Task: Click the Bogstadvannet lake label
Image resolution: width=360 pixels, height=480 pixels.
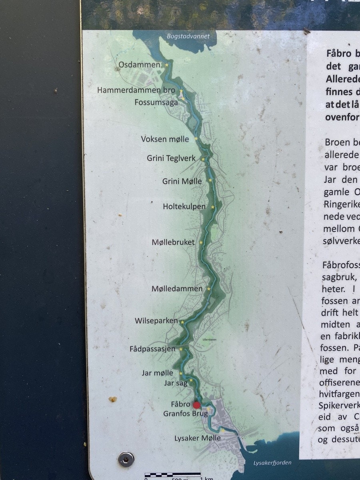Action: pyautogui.click(x=188, y=36)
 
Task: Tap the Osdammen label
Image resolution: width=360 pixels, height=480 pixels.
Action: pyautogui.click(x=140, y=64)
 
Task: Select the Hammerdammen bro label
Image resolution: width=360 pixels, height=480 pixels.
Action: pyautogui.click(x=136, y=90)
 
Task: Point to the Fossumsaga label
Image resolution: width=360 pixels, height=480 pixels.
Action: pyautogui.click(x=156, y=102)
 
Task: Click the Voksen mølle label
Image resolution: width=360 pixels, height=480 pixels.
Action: pyautogui.click(x=165, y=139)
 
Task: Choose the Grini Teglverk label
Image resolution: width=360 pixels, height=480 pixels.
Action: pyautogui.click(x=171, y=158)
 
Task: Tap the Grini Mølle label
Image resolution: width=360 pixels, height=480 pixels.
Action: pyautogui.click(x=182, y=181)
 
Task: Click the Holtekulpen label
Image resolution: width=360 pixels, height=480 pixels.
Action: pyautogui.click(x=184, y=206)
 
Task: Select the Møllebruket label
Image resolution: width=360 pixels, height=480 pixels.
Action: pyautogui.click(x=173, y=242)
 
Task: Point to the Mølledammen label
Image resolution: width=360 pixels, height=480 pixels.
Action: pyautogui.click(x=177, y=288)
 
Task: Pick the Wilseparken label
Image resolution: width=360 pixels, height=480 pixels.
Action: pyautogui.click(x=156, y=320)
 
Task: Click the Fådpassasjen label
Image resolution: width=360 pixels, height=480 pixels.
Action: pyautogui.click(x=152, y=349)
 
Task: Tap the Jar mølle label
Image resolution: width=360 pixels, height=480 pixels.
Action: pyautogui.click(x=158, y=373)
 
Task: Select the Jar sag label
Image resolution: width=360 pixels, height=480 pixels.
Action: pyautogui.click(x=176, y=383)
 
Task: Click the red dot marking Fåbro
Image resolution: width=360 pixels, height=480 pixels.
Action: pyautogui.click(x=196, y=405)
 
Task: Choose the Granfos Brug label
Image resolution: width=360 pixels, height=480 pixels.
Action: pyautogui.click(x=185, y=414)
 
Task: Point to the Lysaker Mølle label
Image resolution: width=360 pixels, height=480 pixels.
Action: pyautogui.click(x=197, y=438)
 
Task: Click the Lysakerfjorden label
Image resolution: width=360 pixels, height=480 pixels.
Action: pyautogui.click(x=272, y=463)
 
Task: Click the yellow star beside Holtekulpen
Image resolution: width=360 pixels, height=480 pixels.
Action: pyautogui.click(x=213, y=207)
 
